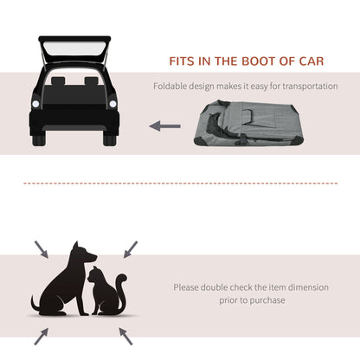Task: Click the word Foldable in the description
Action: click(x=171, y=86)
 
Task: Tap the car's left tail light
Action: click(x=35, y=105)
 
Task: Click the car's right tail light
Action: click(x=116, y=105)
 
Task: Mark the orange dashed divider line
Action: click(x=180, y=183)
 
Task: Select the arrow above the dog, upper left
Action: click(x=42, y=249)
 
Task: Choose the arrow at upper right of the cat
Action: click(x=130, y=248)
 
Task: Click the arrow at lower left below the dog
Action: click(x=41, y=334)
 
